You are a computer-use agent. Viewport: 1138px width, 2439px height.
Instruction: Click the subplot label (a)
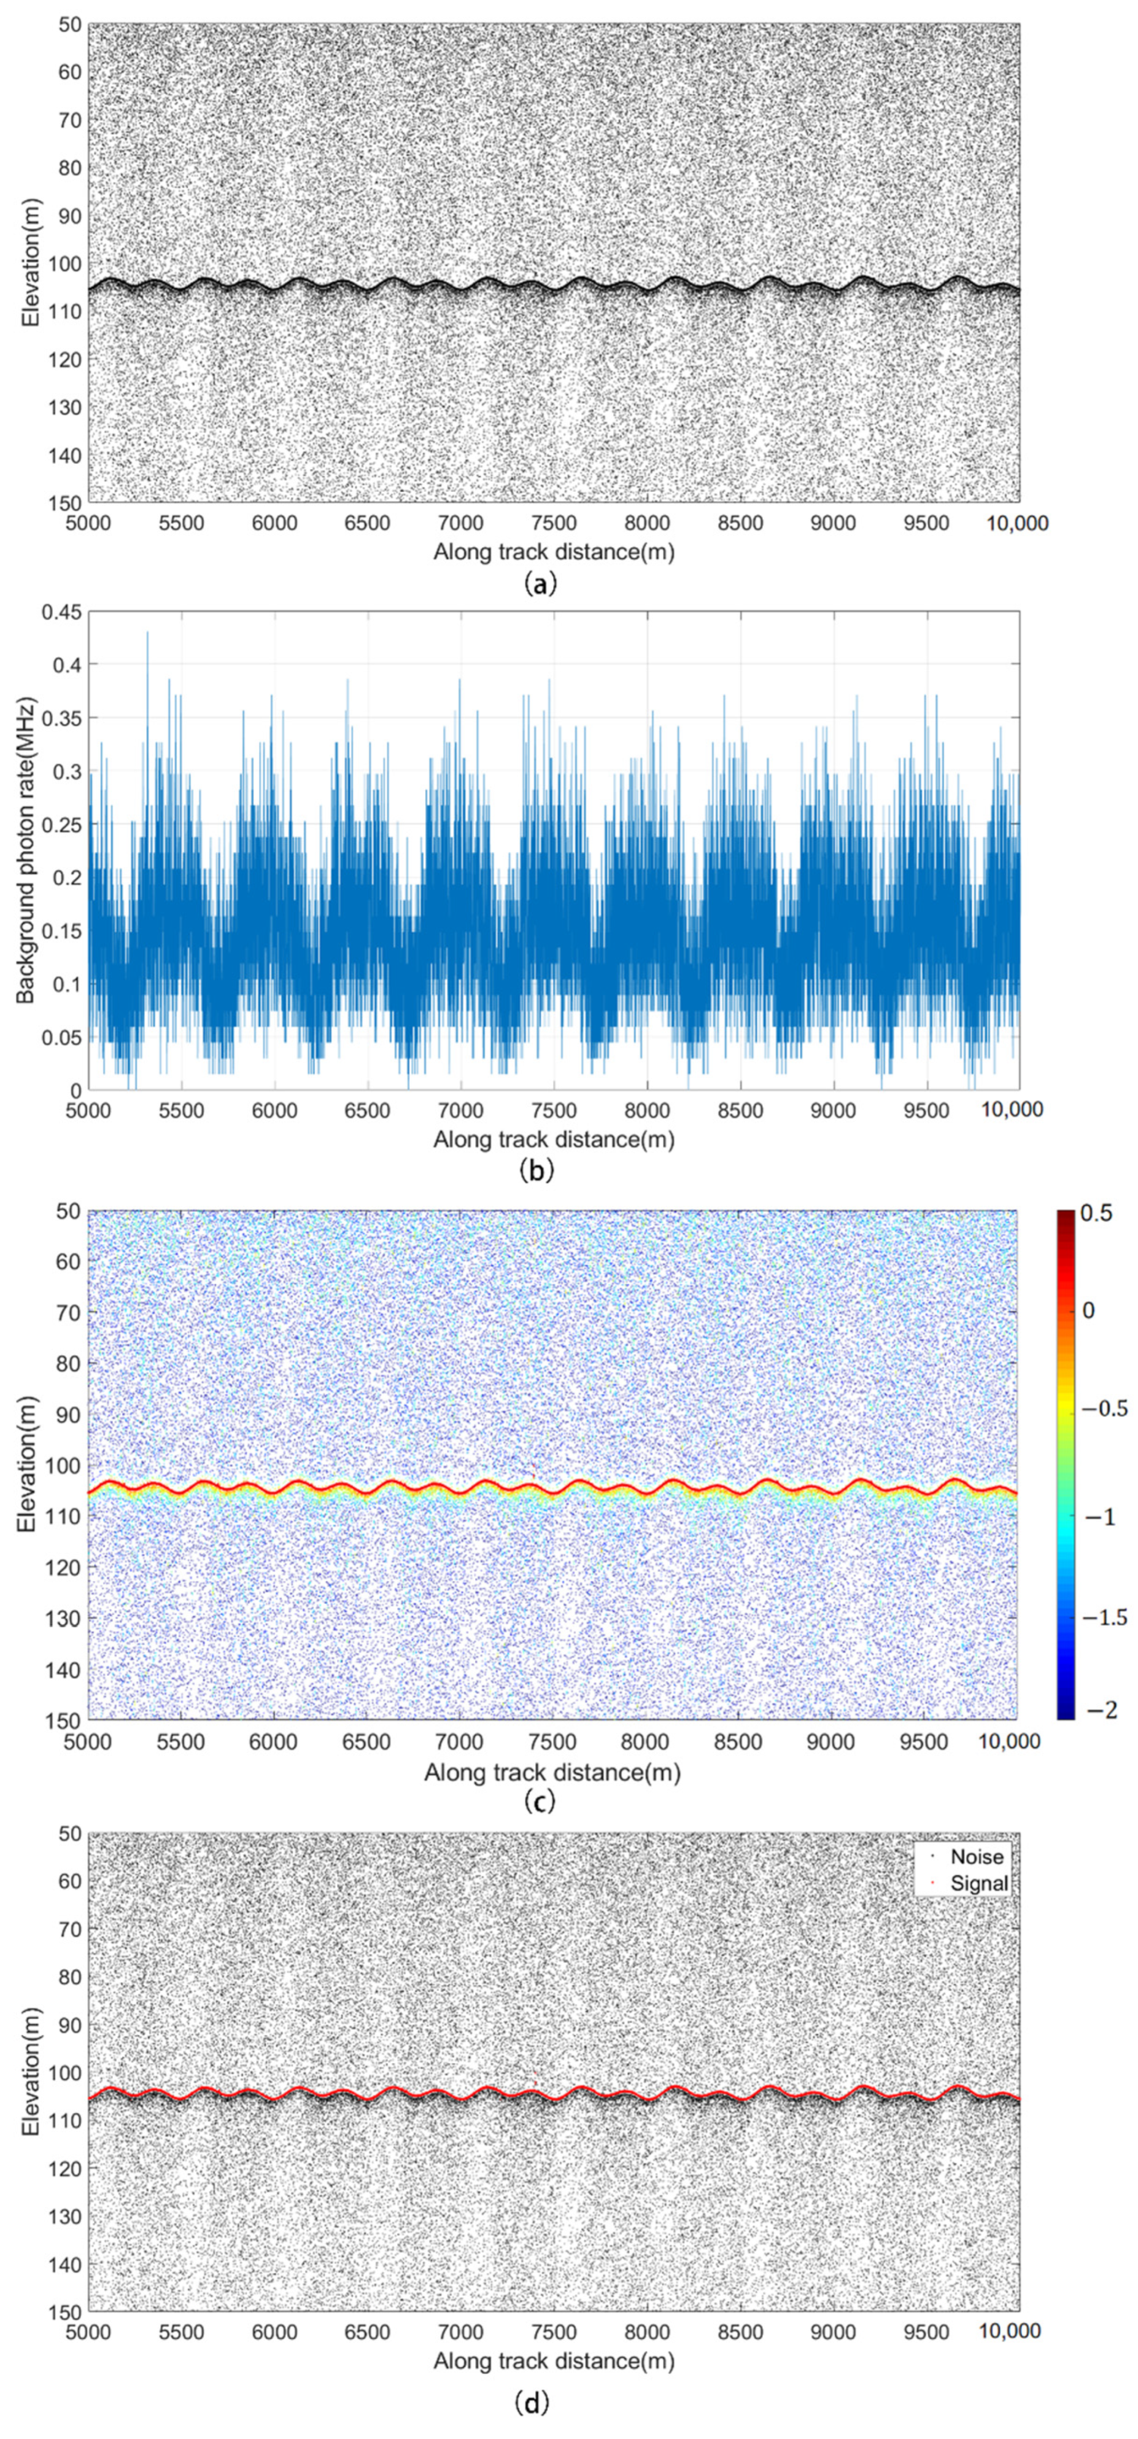[539, 584]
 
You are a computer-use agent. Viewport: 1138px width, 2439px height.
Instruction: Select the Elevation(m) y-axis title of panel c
[26, 1463]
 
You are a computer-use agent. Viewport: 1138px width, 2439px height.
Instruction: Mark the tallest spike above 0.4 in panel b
[147, 632]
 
